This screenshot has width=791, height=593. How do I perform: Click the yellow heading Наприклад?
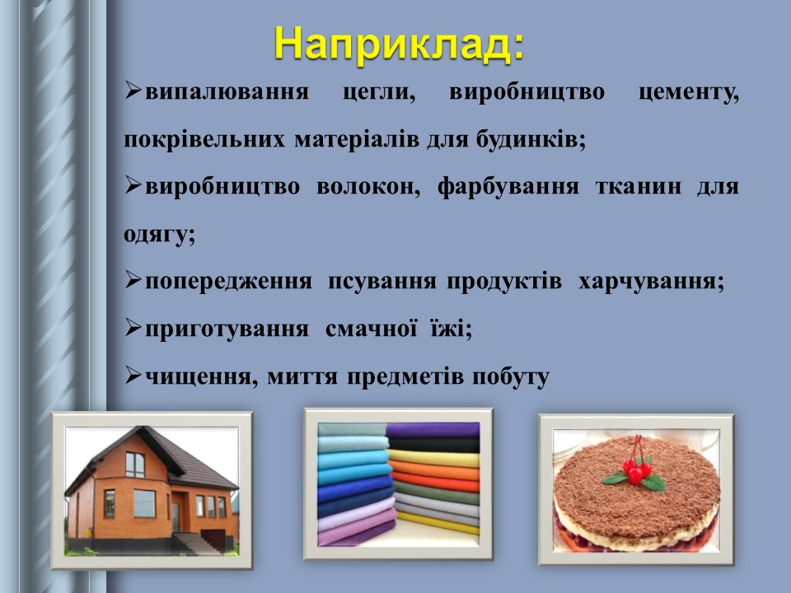pos(398,42)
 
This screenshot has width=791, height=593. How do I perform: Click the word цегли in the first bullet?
pos(378,92)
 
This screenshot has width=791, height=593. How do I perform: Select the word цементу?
pos(689,92)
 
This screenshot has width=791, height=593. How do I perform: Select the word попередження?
pos(228,282)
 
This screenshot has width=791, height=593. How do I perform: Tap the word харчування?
pos(651,282)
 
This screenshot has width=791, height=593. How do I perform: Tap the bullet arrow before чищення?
pos(133,376)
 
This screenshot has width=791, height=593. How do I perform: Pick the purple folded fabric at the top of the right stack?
pos(432,430)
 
